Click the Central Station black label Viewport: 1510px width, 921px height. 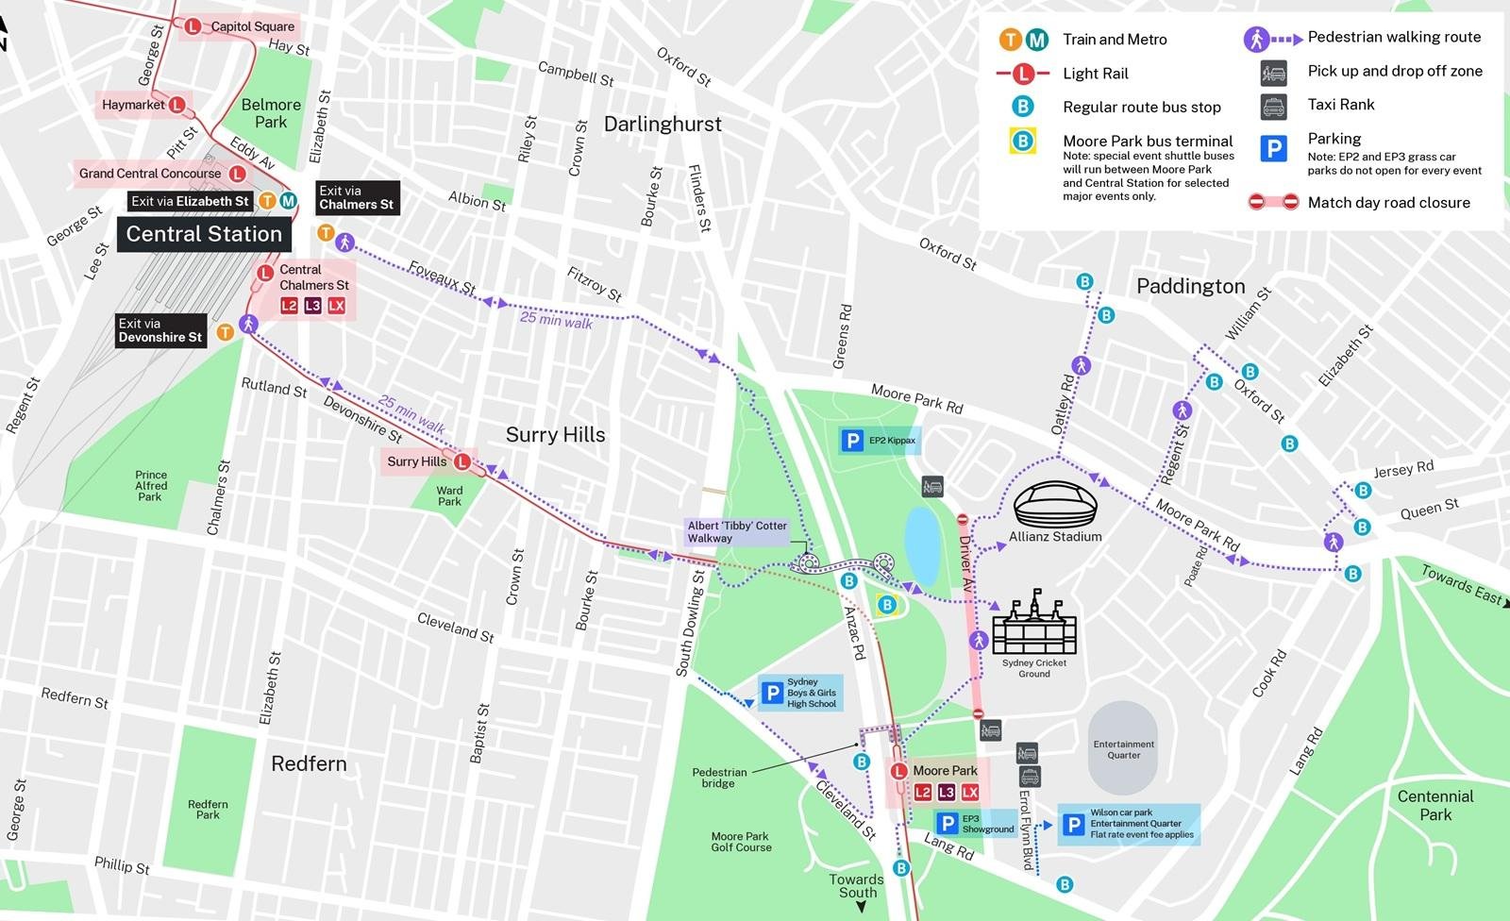coord(204,234)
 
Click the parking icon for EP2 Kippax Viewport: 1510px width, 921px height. coord(853,440)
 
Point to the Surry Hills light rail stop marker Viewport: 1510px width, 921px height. coord(462,461)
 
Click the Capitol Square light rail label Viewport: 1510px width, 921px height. coord(252,26)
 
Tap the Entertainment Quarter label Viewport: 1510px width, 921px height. coord(1123,749)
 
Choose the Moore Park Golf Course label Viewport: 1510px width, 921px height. coord(741,842)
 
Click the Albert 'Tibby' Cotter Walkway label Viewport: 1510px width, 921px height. coord(737,532)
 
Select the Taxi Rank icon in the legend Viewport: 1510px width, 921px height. coord(1273,106)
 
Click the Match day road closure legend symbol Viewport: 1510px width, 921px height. coord(1273,202)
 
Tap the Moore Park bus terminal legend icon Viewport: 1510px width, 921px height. coord(1022,142)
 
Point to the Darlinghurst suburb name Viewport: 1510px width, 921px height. coord(663,125)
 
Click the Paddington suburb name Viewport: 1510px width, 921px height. coord(1190,286)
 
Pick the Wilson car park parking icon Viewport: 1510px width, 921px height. coord(1073,825)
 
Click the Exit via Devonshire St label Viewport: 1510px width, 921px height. coord(160,330)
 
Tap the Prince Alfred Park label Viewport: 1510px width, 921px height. coord(150,486)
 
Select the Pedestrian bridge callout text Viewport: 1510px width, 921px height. coord(719,778)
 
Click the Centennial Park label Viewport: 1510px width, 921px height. coord(1435,805)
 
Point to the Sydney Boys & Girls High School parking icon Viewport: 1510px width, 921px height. coord(772,693)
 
